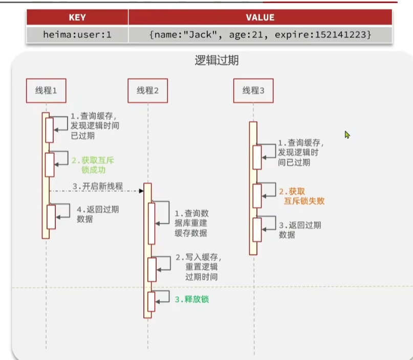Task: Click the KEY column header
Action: pos(77,17)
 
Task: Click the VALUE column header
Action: pos(260,17)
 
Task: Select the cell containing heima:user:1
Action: pos(77,35)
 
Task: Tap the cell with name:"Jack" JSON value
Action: pos(260,35)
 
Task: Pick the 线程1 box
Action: pos(47,91)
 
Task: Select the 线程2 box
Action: pos(148,91)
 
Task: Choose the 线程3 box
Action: pos(253,91)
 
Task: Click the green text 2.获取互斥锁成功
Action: pos(93,165)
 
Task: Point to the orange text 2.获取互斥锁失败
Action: pos(301,196)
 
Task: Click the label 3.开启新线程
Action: pos(97,186)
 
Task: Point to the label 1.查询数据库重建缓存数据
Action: pos(191,223)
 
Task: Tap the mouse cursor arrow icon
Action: pos(347,135)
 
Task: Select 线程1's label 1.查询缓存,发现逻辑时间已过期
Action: pos(95,125)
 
